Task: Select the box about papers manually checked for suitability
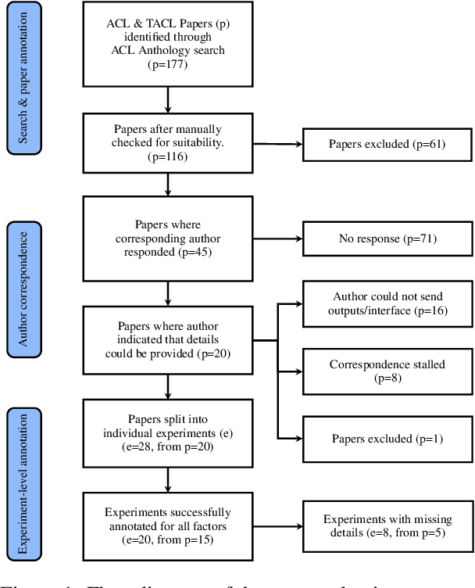168,144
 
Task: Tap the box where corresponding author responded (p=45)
168,239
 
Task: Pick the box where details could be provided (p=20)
168,340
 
